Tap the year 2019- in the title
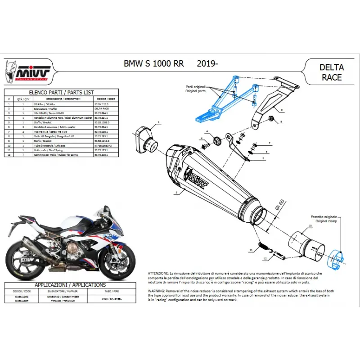tap(208, 64)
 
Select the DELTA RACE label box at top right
tap(331, 72)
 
